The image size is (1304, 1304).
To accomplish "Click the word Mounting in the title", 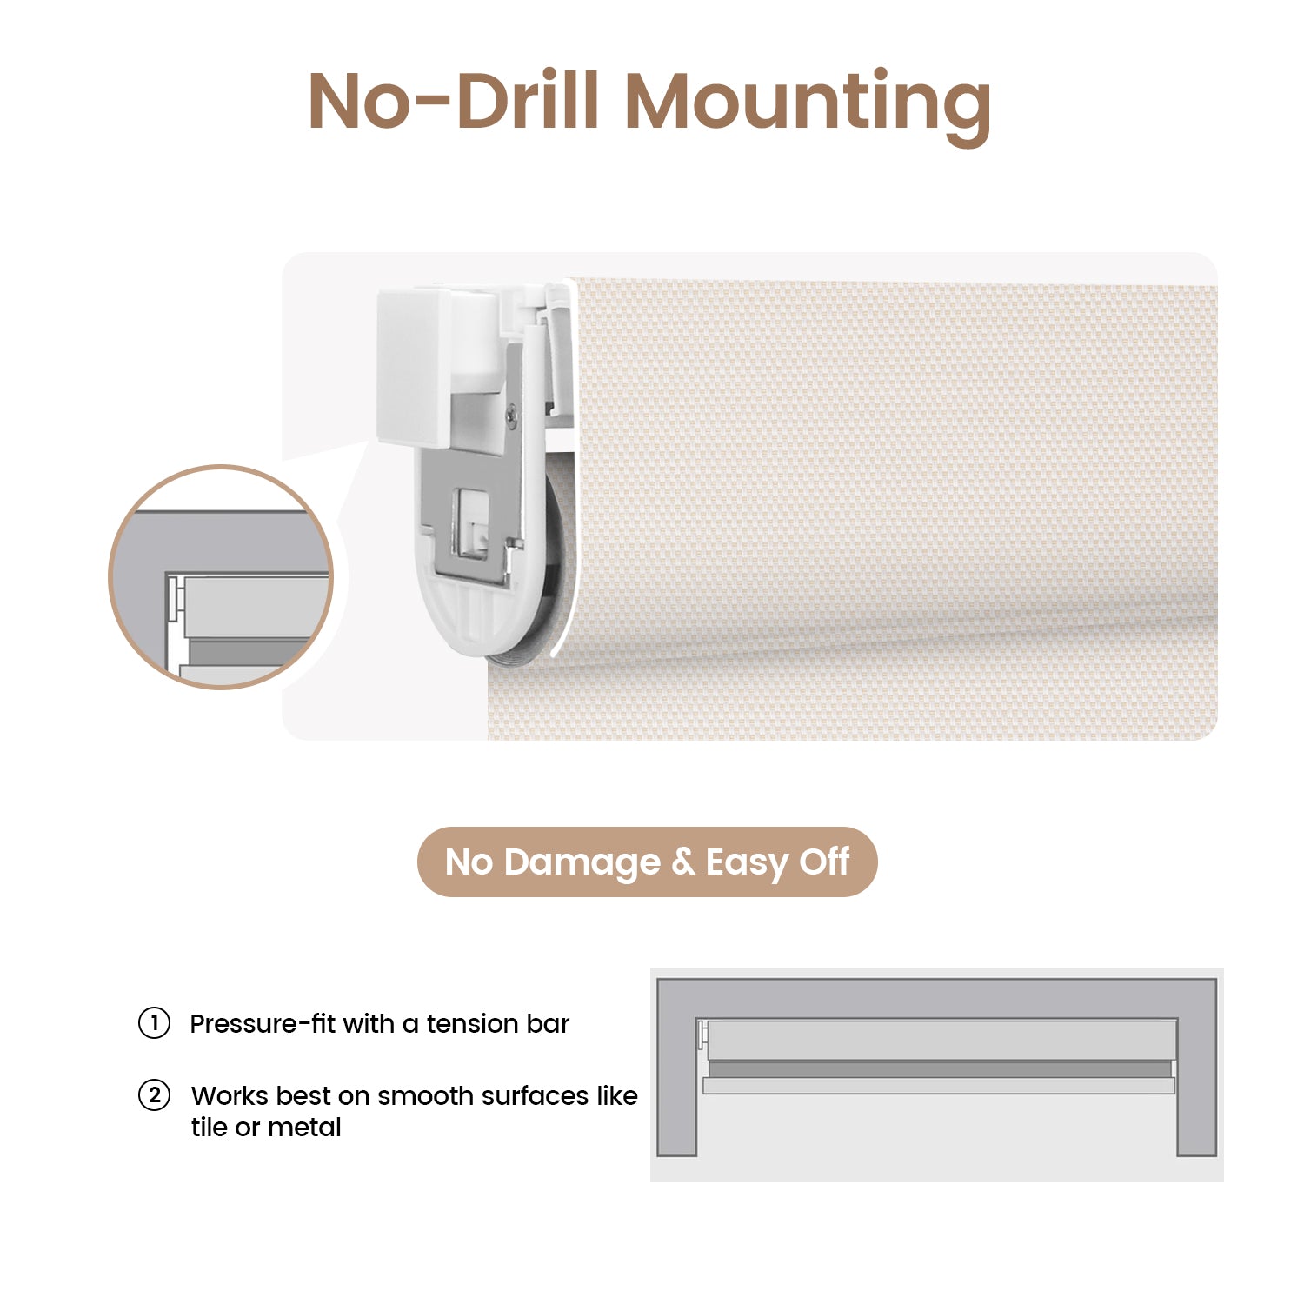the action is tap(808, 104).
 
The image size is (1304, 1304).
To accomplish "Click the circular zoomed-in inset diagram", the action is tap(222, 577).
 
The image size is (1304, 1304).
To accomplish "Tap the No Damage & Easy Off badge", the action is tap(648, 862).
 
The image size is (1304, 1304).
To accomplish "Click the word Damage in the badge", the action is tap(582, 863).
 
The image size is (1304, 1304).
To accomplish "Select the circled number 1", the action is tap(154, 1023).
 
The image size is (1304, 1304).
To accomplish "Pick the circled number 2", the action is tap(154, 1095).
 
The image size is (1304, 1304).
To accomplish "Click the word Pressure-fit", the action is tap(262, 1024).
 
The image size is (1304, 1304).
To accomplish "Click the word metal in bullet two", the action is tap(304, 1128).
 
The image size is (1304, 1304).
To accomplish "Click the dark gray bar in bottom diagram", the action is tap(940, 1069).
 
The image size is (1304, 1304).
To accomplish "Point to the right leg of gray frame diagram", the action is tap(1197, 1087).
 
